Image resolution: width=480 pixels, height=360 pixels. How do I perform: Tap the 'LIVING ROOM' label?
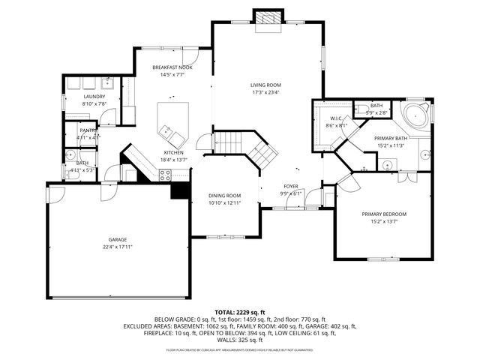[265, 85]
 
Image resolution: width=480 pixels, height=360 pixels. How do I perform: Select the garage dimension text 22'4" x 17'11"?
[118, 247]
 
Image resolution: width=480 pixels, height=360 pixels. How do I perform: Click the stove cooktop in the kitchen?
[165, 175]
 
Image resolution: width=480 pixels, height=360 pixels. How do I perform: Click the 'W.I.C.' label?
[336, 118]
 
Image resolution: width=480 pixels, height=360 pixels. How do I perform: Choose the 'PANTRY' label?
[88, 130]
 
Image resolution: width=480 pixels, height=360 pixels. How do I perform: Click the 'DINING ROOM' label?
[224, 196]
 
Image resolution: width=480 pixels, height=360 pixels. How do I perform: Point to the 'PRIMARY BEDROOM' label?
[383, 214]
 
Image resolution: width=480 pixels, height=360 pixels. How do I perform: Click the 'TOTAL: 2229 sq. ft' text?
[239, 311]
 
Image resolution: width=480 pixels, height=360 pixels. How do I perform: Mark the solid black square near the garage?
[179, 191]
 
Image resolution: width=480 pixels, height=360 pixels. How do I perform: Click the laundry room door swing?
[109, 116]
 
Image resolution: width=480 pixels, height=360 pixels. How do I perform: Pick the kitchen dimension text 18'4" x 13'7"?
[173, 159]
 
